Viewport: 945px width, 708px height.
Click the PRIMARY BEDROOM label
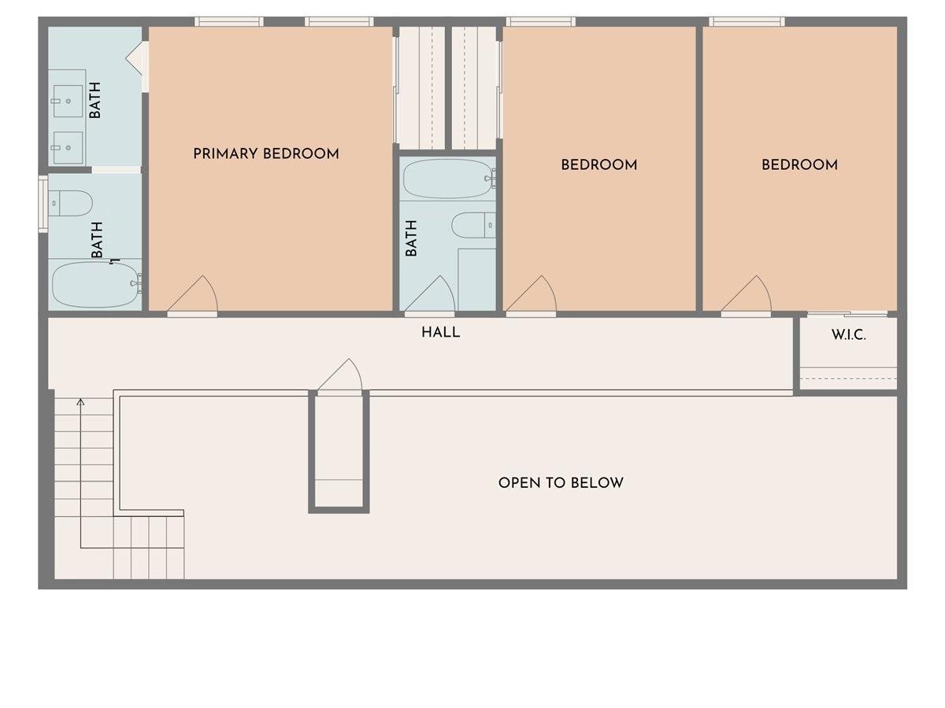[266, 153]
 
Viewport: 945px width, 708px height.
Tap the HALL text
[440, 332]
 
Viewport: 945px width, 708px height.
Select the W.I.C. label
[848, 335]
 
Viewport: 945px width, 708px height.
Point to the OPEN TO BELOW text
[561, 482]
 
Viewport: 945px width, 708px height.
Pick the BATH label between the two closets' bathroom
[411, 238]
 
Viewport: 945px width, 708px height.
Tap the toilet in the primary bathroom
[70, 203]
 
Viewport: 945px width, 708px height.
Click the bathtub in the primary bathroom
[95, 284]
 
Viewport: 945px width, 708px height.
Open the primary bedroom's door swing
[194, 296]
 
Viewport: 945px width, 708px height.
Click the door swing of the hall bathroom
[432, 296]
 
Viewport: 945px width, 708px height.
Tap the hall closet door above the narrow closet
[340, 376]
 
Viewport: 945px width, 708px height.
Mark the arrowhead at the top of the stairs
[80, 403]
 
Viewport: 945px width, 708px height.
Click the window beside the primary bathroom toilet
[43, 204]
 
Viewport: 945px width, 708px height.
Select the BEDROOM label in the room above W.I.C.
[799, 164]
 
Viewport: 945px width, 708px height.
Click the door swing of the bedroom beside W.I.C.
[747, 296]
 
